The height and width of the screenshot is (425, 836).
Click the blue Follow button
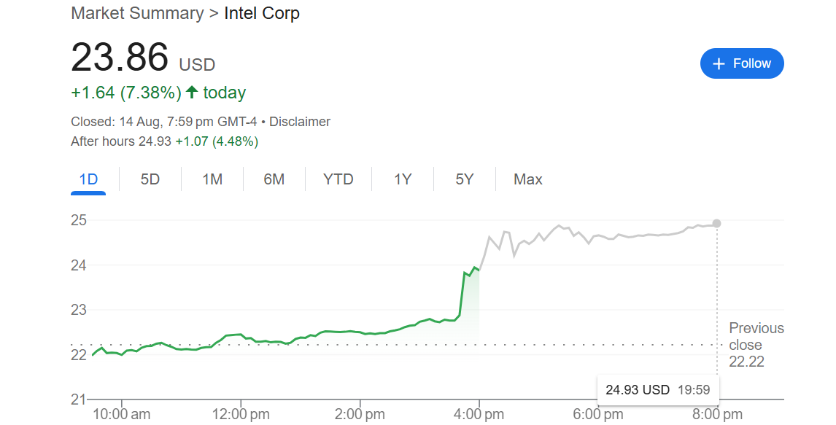(742, 63)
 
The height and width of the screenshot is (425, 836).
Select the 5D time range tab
(150, 179)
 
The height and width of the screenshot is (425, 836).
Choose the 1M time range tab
(212, 179)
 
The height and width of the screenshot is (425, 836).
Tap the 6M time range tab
(274, 179)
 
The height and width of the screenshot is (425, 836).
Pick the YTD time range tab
(338, 179)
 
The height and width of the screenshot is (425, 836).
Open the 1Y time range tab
(403, 179)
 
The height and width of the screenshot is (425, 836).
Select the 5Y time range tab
(465, 179)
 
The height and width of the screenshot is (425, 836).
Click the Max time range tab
(528, 179)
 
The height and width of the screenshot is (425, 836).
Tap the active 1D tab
(88, 179)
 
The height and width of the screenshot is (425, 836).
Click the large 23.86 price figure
(120, 58)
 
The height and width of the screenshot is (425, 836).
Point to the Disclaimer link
(300, 122)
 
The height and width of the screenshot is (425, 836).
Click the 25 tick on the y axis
(78, 220)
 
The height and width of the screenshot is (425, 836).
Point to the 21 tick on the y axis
(78, 399)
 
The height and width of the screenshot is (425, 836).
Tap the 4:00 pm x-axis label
(479, 414)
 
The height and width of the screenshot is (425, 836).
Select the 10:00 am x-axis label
(121, 414)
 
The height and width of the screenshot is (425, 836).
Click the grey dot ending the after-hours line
(716, 223)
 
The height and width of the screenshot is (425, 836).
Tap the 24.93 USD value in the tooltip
(637, 389)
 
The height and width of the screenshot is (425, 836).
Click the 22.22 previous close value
(746, 362)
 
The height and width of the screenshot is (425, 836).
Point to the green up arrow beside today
(192, 93)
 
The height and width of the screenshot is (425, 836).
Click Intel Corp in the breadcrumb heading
(262, 13)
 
